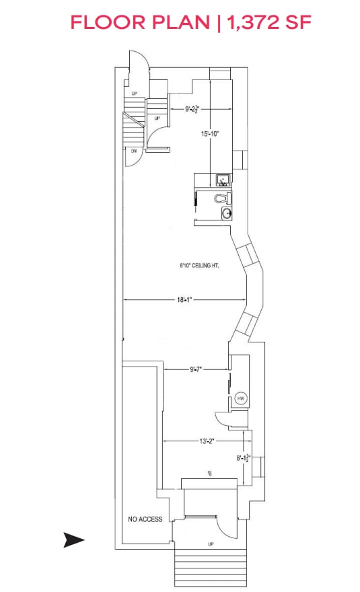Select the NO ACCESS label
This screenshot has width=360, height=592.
pyautogui.click(x=145, y=519)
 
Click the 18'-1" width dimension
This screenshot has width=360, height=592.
pyautogui.click(x=184, y=300)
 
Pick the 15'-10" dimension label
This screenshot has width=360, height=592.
pyautogui.click(x=211, y=134)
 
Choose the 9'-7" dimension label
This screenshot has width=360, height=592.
pyautogui.click(x=196, y=369)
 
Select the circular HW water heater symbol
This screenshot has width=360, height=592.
pyautogui.click(x=241, y=398)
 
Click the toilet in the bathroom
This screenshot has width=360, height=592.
pyautogui.click(x=221, y=198)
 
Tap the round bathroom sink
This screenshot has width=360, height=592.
pyautogui.click(x=227, y=213)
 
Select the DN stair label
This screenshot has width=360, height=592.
pyautogui.click(x=133, y=151)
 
